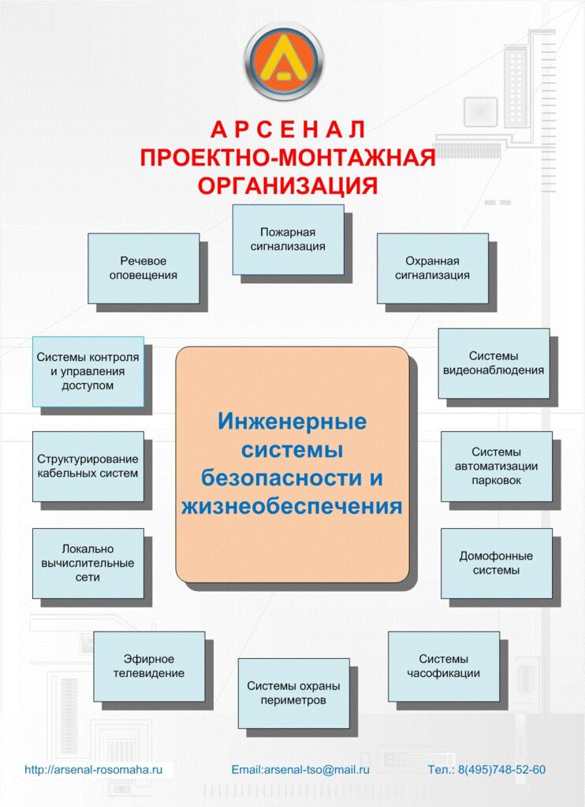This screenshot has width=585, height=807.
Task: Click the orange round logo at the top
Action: click(284, 61)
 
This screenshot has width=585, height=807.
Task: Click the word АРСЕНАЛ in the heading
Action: click(288, 130)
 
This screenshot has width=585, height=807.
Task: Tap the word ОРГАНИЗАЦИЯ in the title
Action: click(288, 186)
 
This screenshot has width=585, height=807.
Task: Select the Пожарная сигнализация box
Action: click(288, 240)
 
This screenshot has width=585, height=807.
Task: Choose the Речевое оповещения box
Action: click(143, 268)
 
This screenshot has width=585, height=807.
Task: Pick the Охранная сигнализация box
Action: click(432, 268)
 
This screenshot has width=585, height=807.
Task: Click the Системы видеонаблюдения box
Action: click(494, 363)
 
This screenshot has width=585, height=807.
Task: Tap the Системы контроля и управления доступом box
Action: click(88, 371)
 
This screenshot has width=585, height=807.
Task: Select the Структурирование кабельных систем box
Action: click(88, 466)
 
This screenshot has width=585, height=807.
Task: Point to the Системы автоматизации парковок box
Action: click(497, 466)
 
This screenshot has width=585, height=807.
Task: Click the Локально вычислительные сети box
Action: click(88, 563)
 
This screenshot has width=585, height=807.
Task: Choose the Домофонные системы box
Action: click(497, 563)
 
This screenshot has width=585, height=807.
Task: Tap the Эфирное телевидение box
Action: click(149, 666)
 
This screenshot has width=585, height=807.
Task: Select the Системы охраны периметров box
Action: click(293, 693)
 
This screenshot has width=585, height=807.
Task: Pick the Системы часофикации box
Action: click(443, 666)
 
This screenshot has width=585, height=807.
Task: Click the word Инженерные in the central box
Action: click(292, 422)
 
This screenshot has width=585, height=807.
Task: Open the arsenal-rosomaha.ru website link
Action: click(93, 769)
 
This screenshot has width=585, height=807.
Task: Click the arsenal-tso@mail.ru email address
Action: click(300, 769)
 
